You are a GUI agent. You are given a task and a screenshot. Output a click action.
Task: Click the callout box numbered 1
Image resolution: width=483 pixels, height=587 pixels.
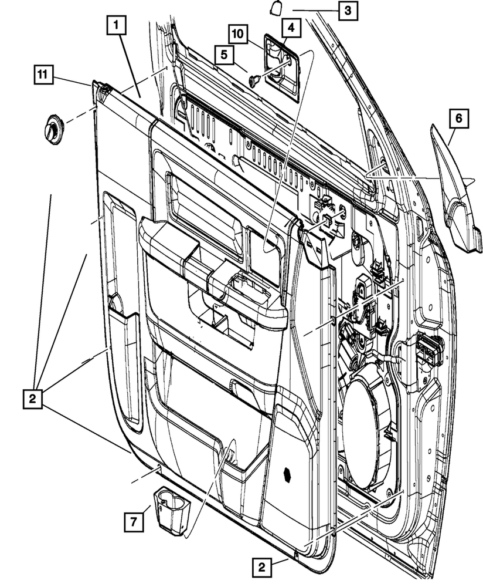(116, 25)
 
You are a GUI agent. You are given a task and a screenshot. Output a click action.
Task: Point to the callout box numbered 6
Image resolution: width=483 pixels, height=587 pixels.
(458, 119)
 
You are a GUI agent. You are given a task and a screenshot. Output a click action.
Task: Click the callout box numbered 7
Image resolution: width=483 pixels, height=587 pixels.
(134, 521)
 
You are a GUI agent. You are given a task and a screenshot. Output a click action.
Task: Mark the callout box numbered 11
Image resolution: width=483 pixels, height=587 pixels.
(42, 74)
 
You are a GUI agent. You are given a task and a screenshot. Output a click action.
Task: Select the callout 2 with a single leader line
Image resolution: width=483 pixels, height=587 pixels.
(262, 568)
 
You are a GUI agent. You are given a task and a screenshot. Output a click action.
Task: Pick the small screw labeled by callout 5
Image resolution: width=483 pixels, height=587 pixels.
(253, 80)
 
